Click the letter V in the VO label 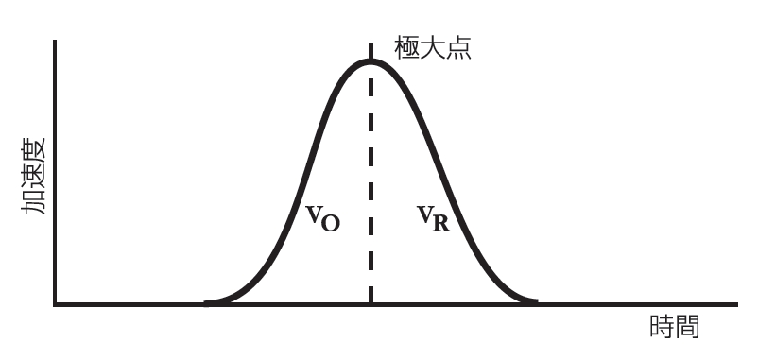[x=315, y=214]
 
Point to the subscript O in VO [x=331, y=223]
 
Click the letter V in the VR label [x=426, y=214]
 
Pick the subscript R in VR [x=441, y=224]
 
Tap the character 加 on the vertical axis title [x=34, y=201]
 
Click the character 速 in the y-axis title [x=34, y=177]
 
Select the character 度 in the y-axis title [x=34, y=152]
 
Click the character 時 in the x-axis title [x=663, y=327]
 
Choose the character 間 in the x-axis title [x=688, y=327]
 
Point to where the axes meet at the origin [x=56, y=304]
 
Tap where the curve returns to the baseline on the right [x=535, y=302]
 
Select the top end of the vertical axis [x=56, y=43]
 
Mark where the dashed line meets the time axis [x=370, y=304]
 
